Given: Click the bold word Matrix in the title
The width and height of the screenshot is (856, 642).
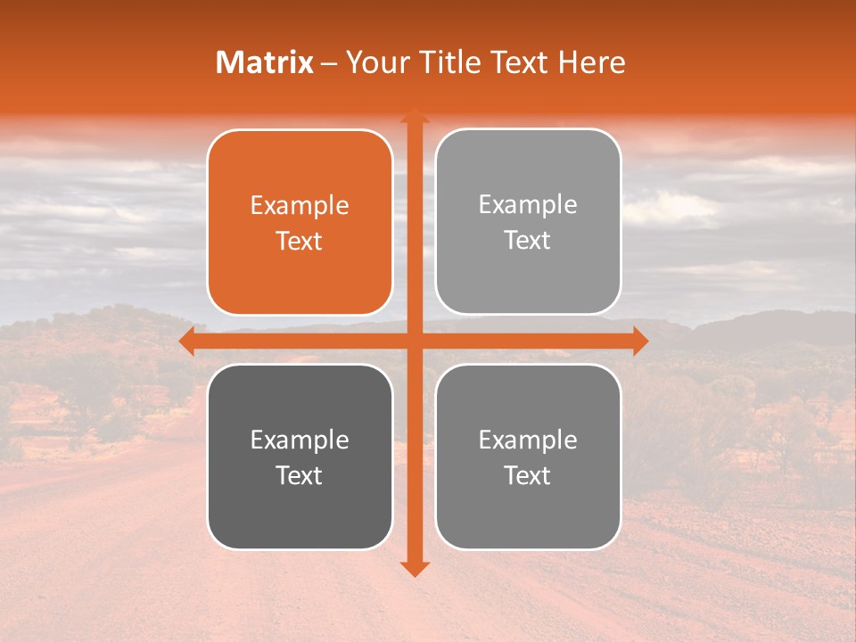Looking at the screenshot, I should click(x=265, y=62).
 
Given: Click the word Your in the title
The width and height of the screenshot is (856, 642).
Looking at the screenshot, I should click(x=373, y=62).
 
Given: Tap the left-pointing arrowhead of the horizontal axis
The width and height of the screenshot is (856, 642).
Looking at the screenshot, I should click(x=186, y=342).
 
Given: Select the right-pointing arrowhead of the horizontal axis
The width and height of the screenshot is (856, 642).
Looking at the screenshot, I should click(x=640, y=342).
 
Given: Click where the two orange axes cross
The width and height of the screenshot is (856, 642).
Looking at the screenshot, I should click(x=414, y=342).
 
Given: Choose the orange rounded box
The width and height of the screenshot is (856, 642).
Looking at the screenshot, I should click(x=300, y=267).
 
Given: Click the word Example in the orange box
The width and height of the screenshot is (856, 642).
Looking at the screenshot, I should click(x=300, y=206).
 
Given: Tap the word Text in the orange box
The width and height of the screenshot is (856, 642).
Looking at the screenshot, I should click(x=300, y=242).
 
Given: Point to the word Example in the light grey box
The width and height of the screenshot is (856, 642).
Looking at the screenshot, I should click(x=528, y=205).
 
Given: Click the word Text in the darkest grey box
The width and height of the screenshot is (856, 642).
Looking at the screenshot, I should click(x=300, y=476).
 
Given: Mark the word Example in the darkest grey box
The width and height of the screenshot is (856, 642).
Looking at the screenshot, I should click(x=300, y=440).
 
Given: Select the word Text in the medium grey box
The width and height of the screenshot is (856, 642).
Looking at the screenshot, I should click(x=528, y=476).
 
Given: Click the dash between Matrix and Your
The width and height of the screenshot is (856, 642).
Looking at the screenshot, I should click(x=329, y=63).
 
